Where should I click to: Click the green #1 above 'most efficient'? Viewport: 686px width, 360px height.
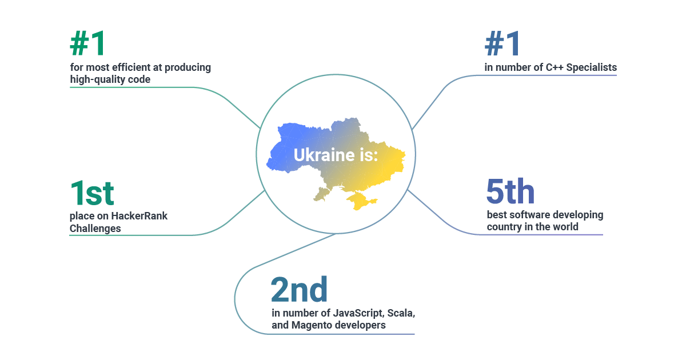click(89, 43)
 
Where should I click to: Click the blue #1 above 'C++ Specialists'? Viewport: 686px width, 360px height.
click(503, 43)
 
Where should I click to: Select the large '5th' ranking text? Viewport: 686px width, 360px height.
click(510, 191)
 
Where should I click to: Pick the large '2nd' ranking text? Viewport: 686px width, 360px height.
click(299, 290)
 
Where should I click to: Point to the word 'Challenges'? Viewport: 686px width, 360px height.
click(95, 229)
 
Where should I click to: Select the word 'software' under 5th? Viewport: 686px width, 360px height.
click(533, 215)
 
